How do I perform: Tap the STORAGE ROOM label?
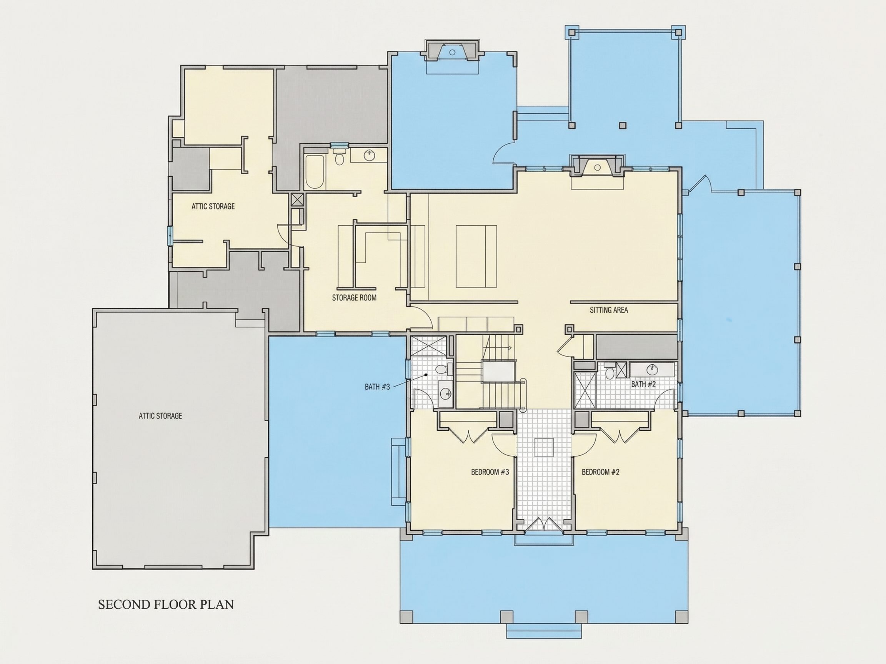click(x=354, y=298)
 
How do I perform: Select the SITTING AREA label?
click(x=609, y=310)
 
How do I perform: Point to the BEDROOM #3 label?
click(x=490, y=472)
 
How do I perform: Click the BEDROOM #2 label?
click(x=600, y=472)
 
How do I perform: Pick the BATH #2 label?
click(x=643, y=384)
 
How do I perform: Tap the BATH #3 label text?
click(x=377, y=387)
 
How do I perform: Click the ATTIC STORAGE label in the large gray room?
click(x=160, y=416)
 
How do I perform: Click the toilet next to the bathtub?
click(x=340, y=157)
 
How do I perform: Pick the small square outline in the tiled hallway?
click(x=544, y=447)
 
